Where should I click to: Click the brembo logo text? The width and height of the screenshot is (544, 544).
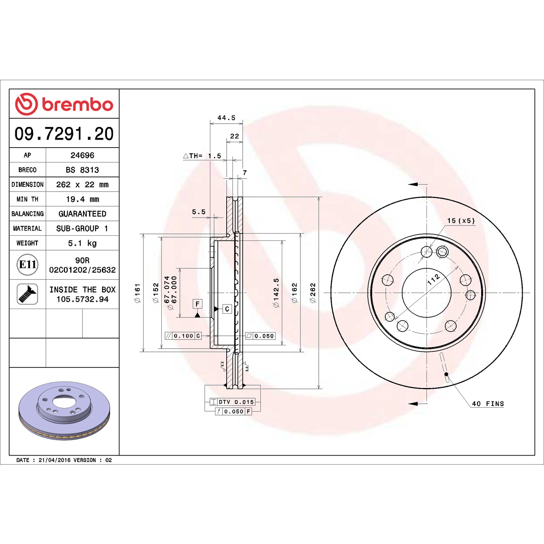point(78,104)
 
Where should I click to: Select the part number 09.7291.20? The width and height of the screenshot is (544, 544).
point(64,133)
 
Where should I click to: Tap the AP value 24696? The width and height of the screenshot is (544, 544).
point(82,155)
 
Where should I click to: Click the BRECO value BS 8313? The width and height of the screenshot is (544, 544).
point(82,170)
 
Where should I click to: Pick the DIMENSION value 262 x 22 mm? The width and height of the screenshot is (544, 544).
point(82,185)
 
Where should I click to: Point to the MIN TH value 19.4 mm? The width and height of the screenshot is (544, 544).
point(82,199)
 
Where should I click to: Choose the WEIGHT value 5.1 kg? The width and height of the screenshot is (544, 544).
point(82,243)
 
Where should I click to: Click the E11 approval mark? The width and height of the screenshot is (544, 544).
point(28,265)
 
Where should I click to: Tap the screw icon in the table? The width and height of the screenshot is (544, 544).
point(28,294)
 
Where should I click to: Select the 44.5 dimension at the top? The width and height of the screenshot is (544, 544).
point(226,118)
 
